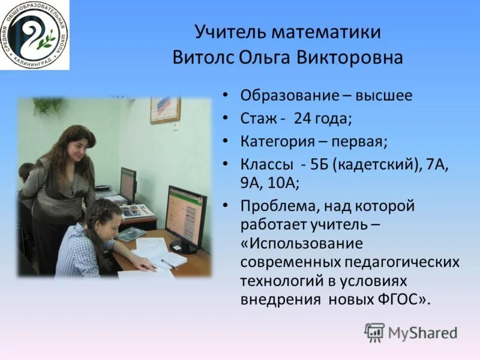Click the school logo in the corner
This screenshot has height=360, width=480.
point(34,34)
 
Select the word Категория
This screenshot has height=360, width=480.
point(277,142)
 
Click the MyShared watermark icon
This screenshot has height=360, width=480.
point(374,332)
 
